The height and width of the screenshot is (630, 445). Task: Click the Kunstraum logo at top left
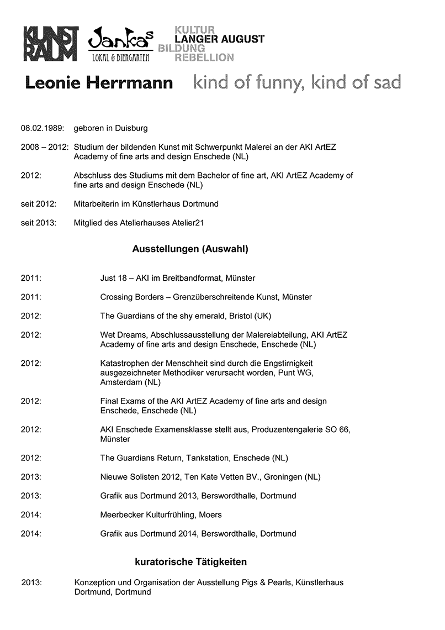51,44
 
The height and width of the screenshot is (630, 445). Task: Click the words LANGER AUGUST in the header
219,39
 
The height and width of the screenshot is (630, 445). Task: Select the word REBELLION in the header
204,57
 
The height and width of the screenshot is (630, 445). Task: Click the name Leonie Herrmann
99,83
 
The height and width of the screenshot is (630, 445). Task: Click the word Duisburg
131,128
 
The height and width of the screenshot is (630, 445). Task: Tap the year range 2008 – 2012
45,147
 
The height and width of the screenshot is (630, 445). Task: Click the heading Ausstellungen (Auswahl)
190,249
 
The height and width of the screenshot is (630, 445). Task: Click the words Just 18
112,278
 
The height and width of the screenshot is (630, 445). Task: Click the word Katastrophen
125,363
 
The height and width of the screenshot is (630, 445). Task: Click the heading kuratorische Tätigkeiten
190,562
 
